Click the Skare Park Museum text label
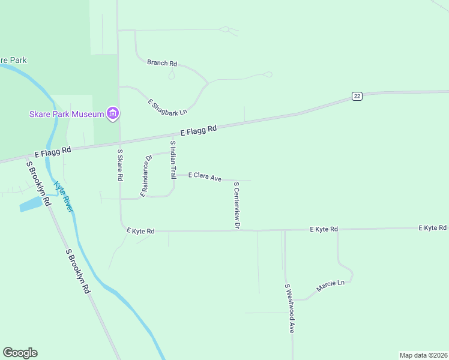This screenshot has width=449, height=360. pos(66,114)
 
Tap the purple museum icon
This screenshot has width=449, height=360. pos(112,113)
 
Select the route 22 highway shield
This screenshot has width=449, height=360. pos(357,96)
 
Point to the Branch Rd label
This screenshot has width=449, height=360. pos(163,63)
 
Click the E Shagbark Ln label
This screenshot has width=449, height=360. pos(167,107)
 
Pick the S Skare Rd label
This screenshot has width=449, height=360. pos(120,166)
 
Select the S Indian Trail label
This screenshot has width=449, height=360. pos(173,160)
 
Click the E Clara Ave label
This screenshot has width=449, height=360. pos(205,177)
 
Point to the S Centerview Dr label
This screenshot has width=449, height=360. pos(237,205)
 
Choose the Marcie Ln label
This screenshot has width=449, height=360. pos(330,283)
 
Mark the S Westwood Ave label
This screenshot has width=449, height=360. pos(290,308)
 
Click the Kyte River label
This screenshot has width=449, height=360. pos(63,196)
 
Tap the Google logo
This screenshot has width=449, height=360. pos(20,353)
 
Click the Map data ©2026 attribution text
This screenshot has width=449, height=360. pos(423,355)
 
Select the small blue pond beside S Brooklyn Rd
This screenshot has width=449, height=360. pos(31,205)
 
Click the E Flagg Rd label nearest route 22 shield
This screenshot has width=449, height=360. pos(199,130)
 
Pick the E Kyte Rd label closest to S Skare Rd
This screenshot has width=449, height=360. pos(140,230)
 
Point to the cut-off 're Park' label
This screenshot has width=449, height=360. pos(13,60)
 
